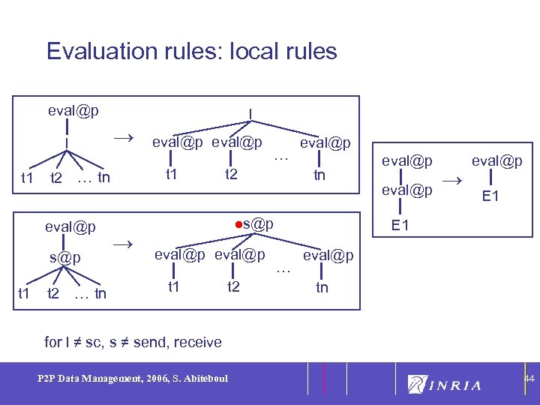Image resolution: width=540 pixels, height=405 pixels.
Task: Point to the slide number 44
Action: click(x=529, y=380)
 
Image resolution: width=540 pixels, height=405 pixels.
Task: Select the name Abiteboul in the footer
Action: click(x=205, y=379)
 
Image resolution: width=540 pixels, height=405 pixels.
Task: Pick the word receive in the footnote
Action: click(x=196, y=342)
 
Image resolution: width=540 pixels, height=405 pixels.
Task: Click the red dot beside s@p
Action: click(x=235, y=224)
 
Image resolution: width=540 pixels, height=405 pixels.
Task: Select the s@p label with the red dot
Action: click(x=256, y=224)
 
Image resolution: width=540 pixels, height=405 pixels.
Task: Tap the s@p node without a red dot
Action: click(x=65, y=257)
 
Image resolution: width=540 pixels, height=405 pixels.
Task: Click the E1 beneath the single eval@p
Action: click(x=491, y=197)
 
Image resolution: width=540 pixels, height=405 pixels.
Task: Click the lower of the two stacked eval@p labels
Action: click(x=406, y=190)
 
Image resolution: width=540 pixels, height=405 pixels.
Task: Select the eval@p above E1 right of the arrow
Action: click(x=496, y=160)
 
